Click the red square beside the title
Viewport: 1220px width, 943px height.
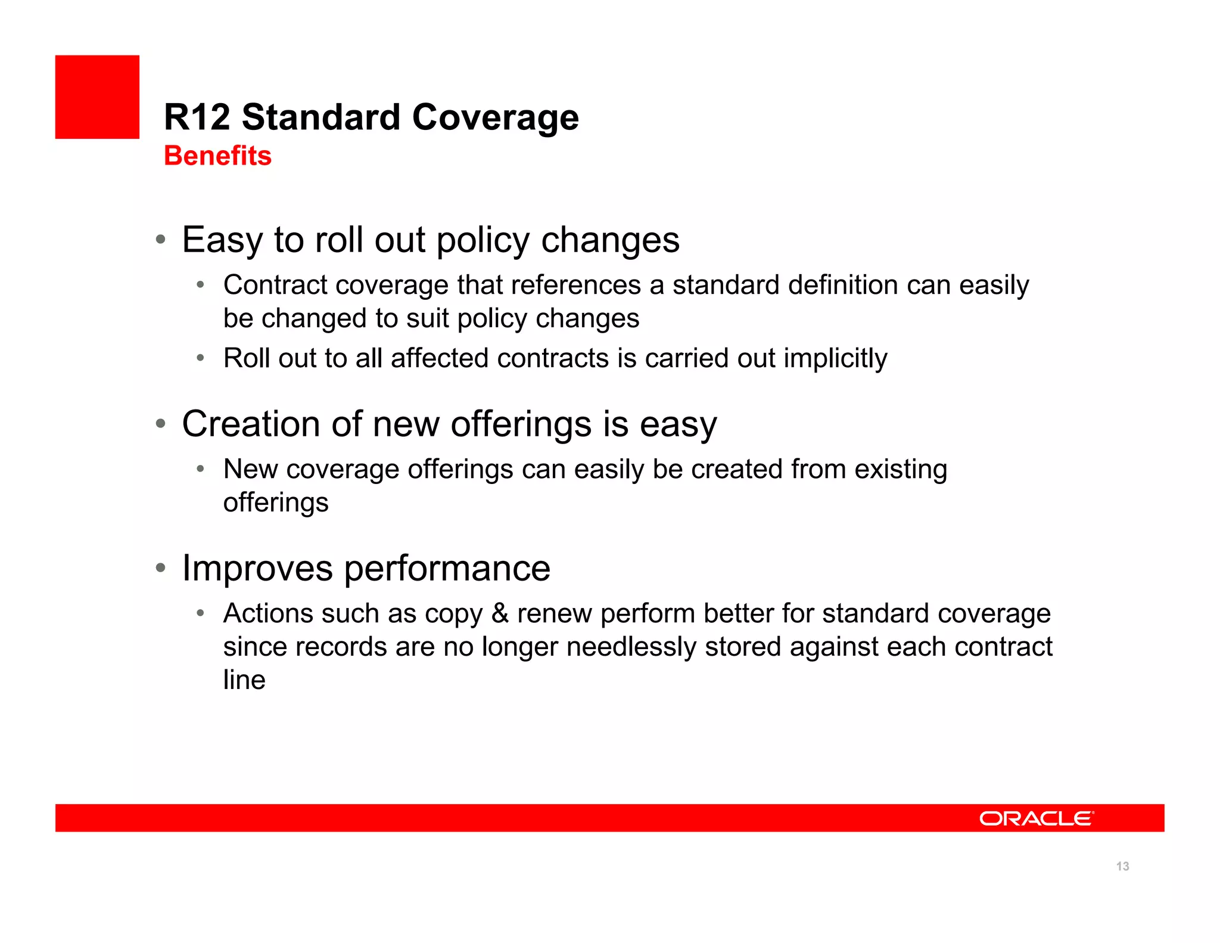(97, 97)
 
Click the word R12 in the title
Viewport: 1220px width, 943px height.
(197, 117)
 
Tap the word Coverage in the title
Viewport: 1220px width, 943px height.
(495, 117)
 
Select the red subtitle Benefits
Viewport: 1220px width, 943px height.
(217, 156)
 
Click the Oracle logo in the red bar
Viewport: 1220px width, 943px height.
(1036, 818)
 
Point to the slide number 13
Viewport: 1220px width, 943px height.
(1122, 866)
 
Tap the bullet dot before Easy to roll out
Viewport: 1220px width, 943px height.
(160, 240)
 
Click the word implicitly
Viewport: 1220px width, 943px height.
(835, 358)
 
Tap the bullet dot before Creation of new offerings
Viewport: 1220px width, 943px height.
(160, 424)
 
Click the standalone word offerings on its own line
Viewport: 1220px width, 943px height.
(275, 502)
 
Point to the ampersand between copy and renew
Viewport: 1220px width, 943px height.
(500, 613)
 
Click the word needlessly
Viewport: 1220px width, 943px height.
(631, 647)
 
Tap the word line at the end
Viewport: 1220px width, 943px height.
(244, 680)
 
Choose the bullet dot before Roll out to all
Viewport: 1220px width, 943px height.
(201, 358)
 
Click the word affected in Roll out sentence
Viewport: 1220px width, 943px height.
(439, 358)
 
